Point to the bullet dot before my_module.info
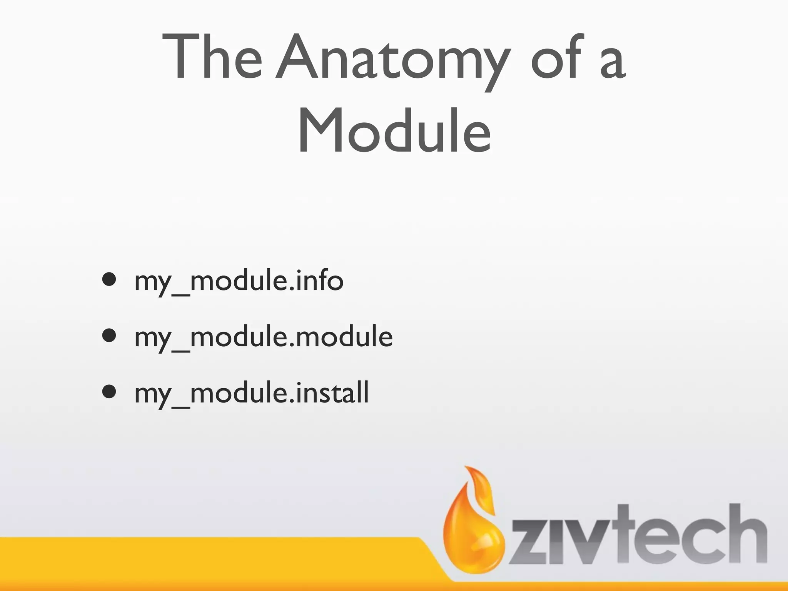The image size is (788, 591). click(110, 280)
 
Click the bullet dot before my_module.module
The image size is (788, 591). click(110, 336)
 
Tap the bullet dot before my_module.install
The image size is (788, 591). click(110, 392)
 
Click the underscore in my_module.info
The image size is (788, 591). click(180, 294)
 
